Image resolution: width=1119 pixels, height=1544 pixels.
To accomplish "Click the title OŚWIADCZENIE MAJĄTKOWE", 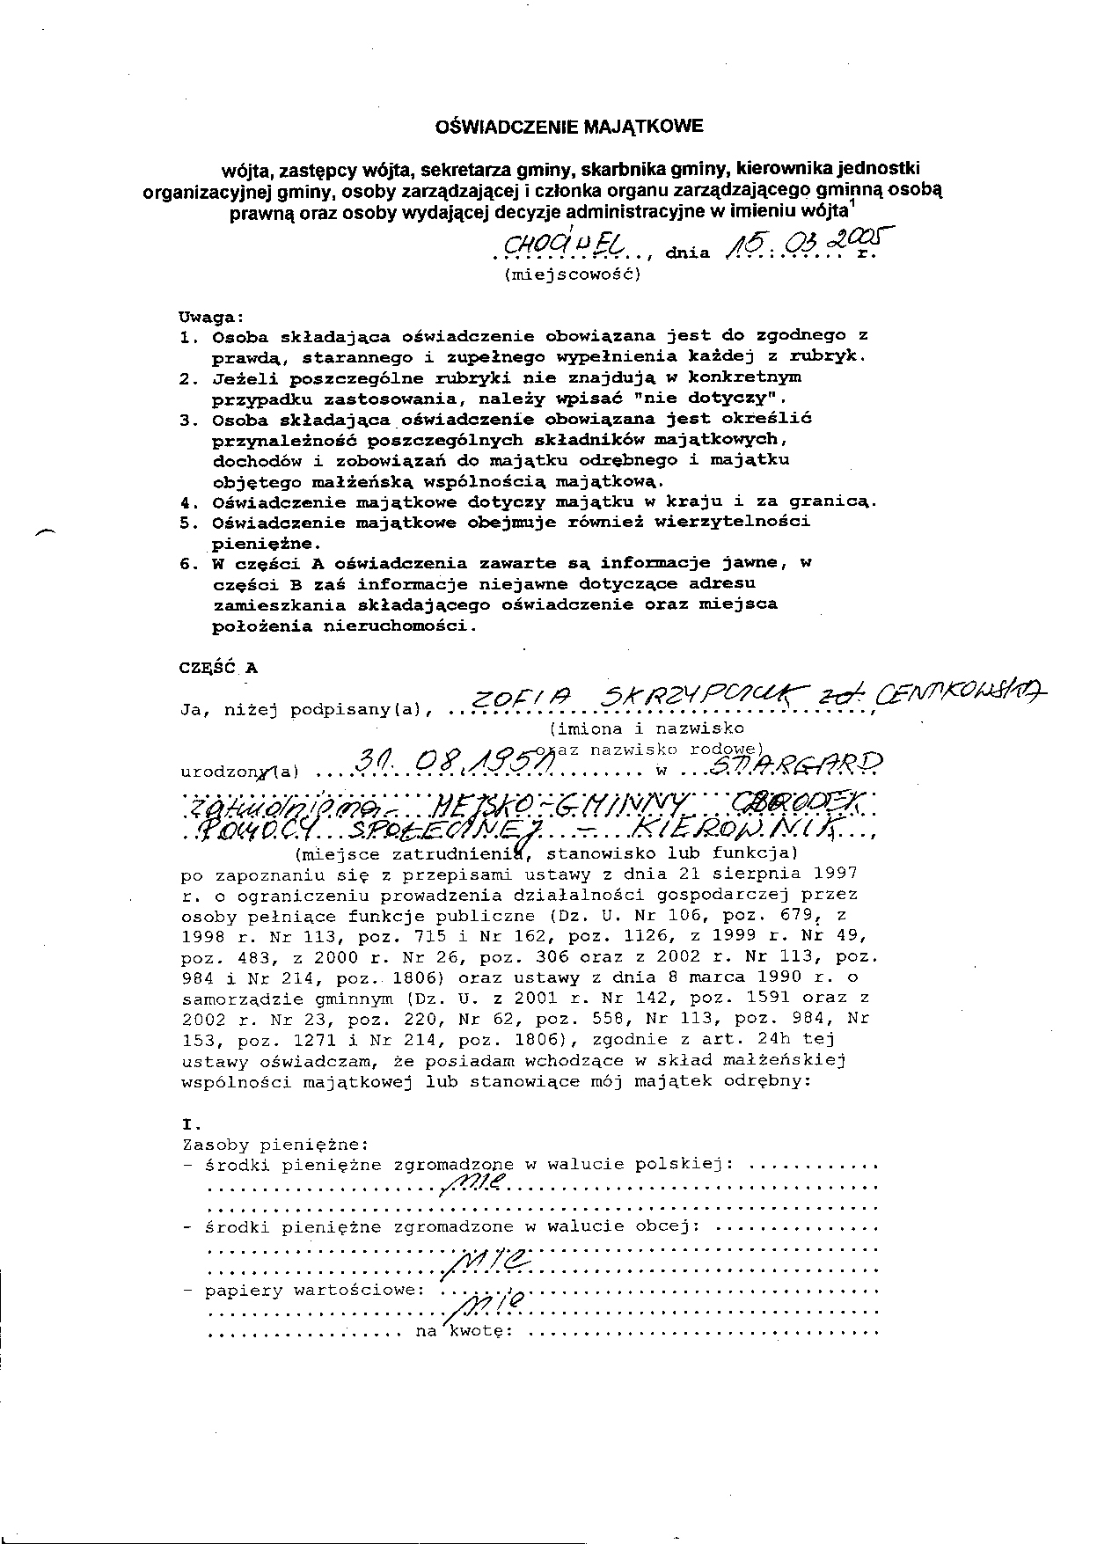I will pos(569,127).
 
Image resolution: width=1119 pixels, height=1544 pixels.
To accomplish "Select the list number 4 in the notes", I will pos(185,502).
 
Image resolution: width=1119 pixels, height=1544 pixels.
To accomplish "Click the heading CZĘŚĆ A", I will pos(218,667).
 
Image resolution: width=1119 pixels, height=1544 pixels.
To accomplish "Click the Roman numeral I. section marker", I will pos(190,1123).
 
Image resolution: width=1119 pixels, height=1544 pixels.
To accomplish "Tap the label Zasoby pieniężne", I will pos(274,1145).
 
